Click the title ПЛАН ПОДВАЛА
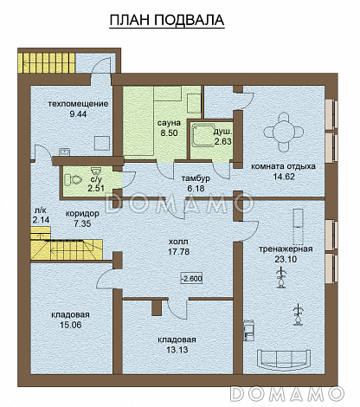[167, 21]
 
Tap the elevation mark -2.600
[191, 279]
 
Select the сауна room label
[169, 123]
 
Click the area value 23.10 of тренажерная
[286, 259]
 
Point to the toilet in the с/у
[72, 180]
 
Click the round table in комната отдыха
[283, 132]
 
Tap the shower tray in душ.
[202, 134]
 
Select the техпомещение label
[78, 104]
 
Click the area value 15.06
[71, 325]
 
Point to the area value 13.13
[177, 350]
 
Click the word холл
[178, 242]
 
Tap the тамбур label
[196, 178]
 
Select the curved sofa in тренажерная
[284, 359]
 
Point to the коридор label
[82, 214]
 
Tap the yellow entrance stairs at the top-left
[48, 62]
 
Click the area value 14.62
[284, 177]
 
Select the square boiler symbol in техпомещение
[102, 143]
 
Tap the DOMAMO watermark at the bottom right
[287, 393]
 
